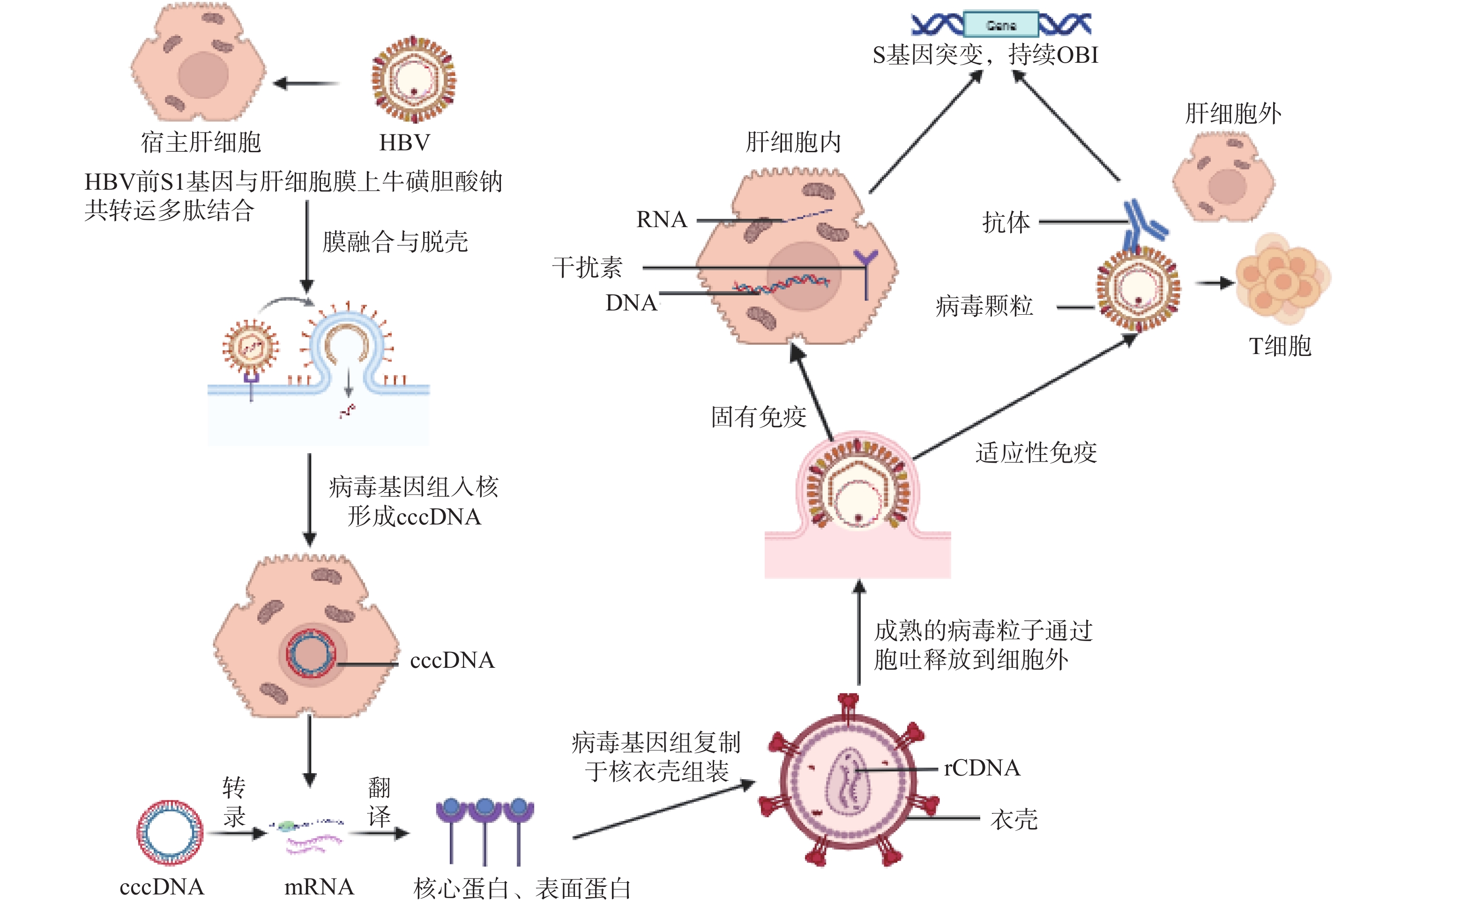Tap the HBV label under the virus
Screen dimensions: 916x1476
[404, 143]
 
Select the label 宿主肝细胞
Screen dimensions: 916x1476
[201, 143]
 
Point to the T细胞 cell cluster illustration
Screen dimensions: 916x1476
[1282, 279]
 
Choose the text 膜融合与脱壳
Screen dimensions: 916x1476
[395, 242]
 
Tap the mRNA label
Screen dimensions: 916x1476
[319, 887]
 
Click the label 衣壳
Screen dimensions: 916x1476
[1014, 820]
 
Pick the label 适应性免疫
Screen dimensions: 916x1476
[1036, 452]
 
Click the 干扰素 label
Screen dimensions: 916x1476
[587, 267]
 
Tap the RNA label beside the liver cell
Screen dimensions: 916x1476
[661, 219]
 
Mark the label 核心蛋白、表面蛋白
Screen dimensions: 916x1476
[522, 889]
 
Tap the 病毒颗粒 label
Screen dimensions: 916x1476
[984, 306]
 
